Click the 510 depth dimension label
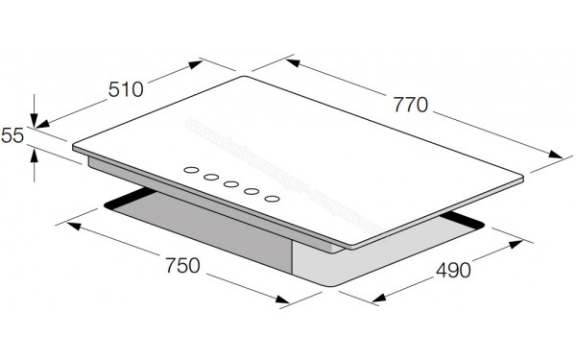pos(124,89)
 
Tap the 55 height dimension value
pos(12,136)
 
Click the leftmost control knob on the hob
pos(191,173)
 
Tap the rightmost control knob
pos(273,199)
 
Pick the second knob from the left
pos(211,179)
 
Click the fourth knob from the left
pos(252,192)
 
